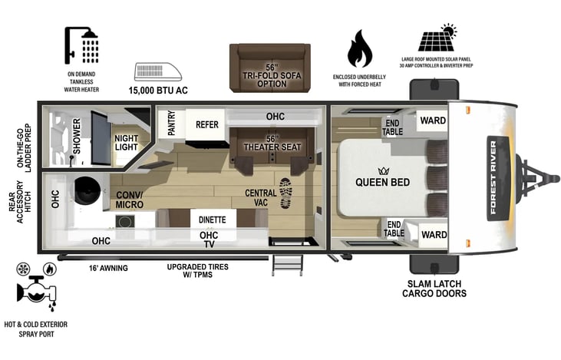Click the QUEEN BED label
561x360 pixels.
click(382, 182)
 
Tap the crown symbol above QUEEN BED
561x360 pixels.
click(383, 170)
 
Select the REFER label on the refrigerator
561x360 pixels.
click(206, 124)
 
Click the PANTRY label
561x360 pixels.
click(171, 123)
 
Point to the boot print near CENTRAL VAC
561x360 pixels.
click(285, 193)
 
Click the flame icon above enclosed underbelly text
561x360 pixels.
click(360, 48)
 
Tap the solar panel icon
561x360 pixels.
click(438, 38)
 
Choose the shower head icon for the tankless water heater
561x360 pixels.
click(81, 45)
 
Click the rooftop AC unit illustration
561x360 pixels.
click(158, 71)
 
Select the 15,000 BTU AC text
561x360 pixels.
click(158, 90)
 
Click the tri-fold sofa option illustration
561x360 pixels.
click(270, 68)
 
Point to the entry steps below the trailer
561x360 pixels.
click(287, 266)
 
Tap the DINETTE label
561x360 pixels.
click(212, 220)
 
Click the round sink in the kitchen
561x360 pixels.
click(87, 190)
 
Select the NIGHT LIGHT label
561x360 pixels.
click(127, 143)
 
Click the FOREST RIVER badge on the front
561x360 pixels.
click(498, 178)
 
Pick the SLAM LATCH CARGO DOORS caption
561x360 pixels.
click(434, 289)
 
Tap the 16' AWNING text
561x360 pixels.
click(108, 268)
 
